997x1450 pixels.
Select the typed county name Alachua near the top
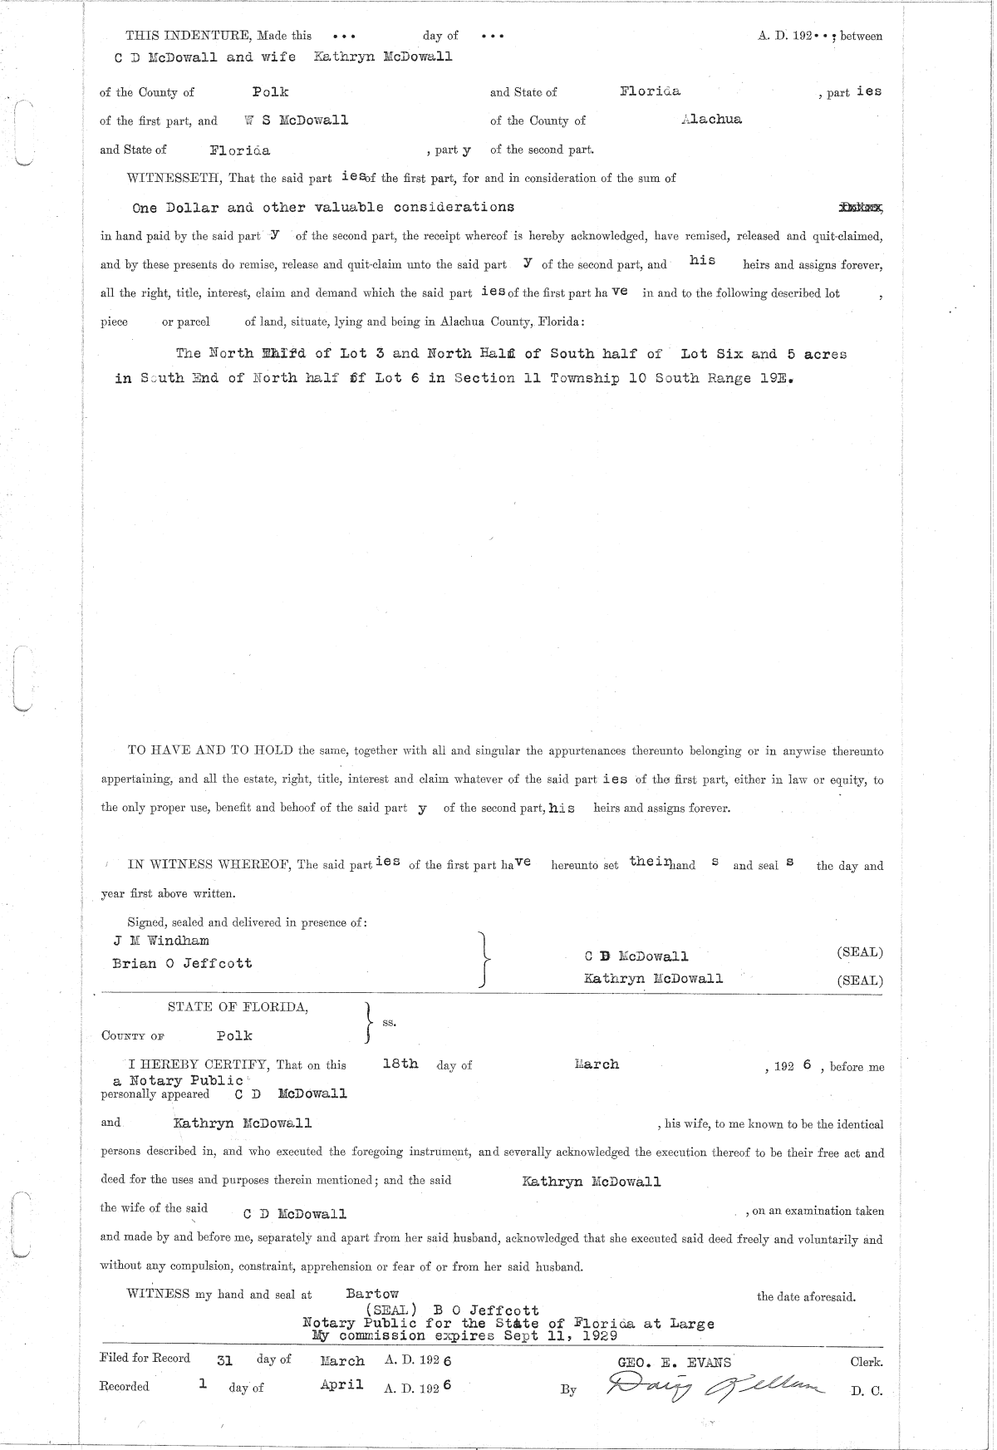[710, 119]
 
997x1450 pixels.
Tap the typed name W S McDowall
[297, 120]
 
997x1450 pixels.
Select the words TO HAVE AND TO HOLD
[209, 750]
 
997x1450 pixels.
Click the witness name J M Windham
[160, 941]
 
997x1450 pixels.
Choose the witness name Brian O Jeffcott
[182, 963]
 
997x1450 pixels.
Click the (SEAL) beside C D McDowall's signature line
[860, 952]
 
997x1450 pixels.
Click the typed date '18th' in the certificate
[400, 1064]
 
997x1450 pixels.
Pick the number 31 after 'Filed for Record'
[224, 1361]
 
